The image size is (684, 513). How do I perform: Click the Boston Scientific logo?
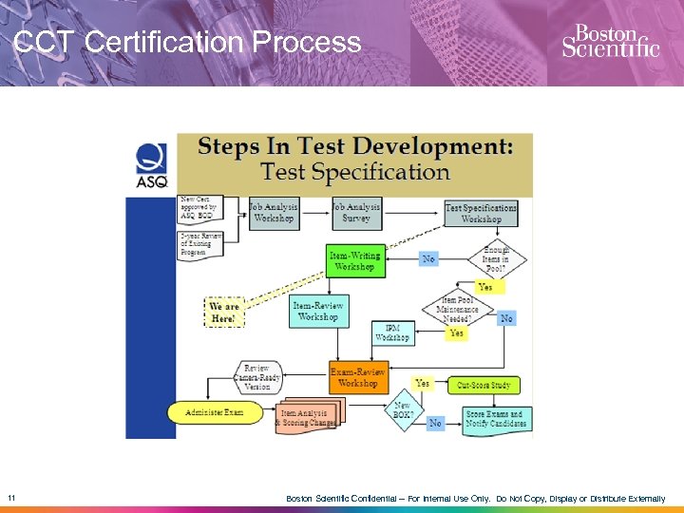tap(610, 41)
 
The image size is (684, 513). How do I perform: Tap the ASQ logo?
tap(152, 163)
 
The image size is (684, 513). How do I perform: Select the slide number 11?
tap(10, 498)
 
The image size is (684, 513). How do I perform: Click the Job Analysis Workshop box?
tap(274, 212)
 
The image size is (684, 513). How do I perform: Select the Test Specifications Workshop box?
tap(481, 213)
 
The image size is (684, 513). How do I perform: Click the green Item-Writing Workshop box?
tap(353, 261)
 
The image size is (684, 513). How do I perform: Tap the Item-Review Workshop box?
tap(317, 311)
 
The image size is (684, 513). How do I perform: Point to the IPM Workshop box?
tap(392, 332)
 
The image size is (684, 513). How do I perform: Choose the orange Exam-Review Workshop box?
tap(358, 377)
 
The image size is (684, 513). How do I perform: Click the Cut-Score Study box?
tap(484, 385)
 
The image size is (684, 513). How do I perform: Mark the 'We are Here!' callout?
tap(225, 312)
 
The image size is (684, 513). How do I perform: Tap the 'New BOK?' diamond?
tap(403, 410)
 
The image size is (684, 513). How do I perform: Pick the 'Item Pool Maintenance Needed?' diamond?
tap(457, 310)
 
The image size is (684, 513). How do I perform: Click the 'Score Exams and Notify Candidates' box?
tap(495, 419)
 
